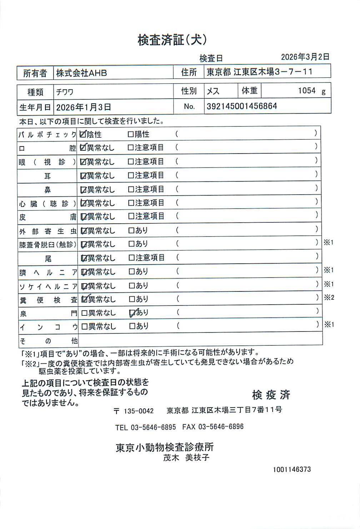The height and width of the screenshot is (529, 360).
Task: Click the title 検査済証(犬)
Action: pyautogui.click(x=172, y=40)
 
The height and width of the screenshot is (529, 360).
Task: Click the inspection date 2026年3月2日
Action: pyautogui.click(x=305, y=57)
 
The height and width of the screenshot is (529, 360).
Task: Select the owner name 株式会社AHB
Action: pyautogui.click(x=81, y=73)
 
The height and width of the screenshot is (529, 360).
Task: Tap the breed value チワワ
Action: pyautogui.click(x=65, y=92)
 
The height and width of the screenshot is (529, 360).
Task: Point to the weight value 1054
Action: pyautogui.click(x=307, y=91)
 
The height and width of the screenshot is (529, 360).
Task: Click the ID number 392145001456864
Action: pyautogui.click(x=242, y=106)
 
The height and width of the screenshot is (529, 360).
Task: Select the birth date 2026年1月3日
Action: pyautogui.click(x=84, y=107)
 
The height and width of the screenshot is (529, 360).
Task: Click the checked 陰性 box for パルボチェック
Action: pyautogui.click(x=83, y=134)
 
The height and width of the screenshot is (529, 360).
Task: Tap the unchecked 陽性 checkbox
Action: pyautogui.click(x=131, y=135)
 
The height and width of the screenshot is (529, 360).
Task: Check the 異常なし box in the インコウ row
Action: pyautogui.click(x=84, y=326)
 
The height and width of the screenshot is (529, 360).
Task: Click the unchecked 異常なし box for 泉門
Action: pyautogui.click(x=84, y=313)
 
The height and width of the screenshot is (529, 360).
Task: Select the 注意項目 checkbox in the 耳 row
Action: pyautogui.click(x=131, y=176)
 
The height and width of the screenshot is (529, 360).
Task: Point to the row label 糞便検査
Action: pyautogui.click(x=48, y=300)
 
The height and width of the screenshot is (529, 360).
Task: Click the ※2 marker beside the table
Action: pyautogui.click(x=329, y=297)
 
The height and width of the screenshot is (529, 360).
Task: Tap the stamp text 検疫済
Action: pyautogui.click(x=271, y=395)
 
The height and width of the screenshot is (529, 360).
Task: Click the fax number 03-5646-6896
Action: pyautogui.click(x=221, y=427)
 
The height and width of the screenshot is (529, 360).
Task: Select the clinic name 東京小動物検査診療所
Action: pyautogui.click(x=165, y=447)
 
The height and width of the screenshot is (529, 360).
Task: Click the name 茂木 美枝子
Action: pyautogui.click(x=186, y=458)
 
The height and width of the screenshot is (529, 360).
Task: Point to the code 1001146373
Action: pyautogui.click(x=292, y=469)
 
